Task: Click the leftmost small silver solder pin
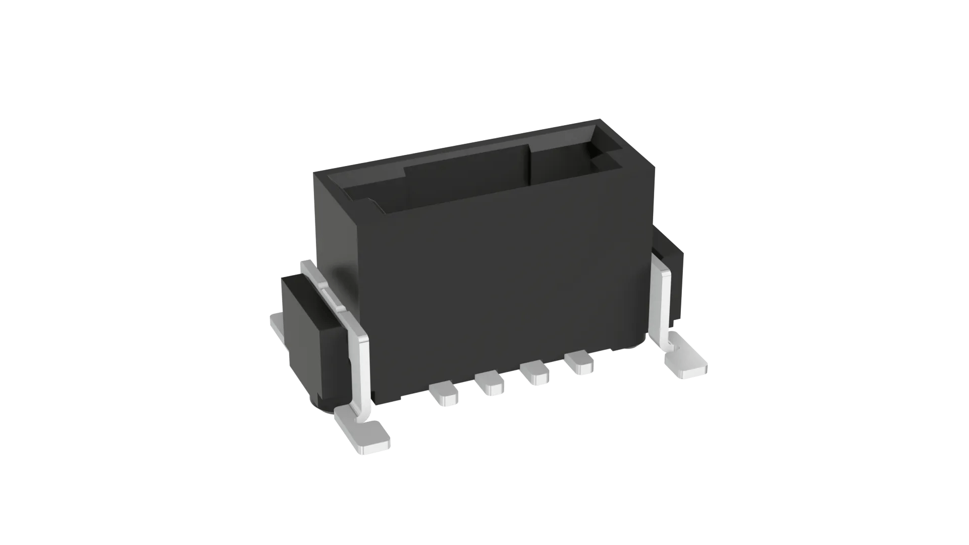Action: (x=444, y=394)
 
